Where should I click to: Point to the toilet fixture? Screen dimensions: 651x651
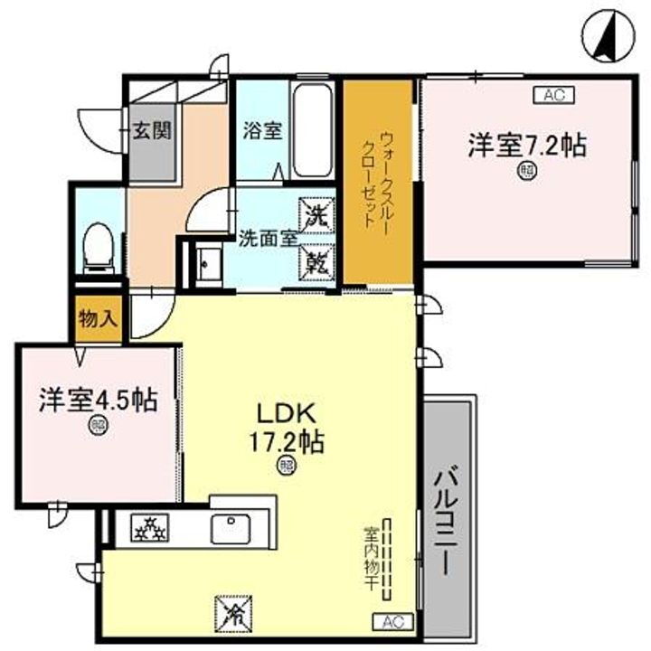click(96, 243)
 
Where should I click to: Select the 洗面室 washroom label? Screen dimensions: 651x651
click(269, 240)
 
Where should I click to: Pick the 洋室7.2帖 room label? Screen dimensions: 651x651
click(526, 144)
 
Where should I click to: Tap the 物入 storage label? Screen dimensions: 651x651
click(98, 318)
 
